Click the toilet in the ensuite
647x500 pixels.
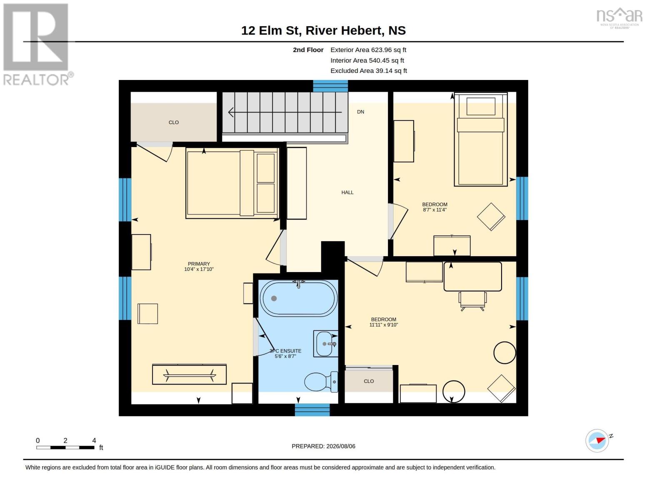coord(321,382)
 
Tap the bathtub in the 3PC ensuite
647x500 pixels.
coord(299,298)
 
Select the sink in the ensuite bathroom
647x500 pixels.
coord(326,344)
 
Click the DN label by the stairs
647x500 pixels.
coord(360,112)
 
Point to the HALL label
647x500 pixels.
coord(347,192)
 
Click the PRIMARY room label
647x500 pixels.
coord(199,264)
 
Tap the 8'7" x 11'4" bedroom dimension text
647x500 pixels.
coord(435,210)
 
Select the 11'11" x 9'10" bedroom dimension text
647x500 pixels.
coord(384,325)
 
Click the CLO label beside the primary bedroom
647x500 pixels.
coord(174,122)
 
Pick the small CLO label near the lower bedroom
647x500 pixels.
coord(369,381)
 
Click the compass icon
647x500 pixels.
coord(597,441)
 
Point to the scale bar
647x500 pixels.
coord(65,447)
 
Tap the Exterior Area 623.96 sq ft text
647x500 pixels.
coord(368,50)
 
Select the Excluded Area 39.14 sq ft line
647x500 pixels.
coord(369,71)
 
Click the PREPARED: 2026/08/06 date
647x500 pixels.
coord(323,446)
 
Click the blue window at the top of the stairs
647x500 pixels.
coord(330,86)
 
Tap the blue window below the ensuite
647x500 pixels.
coord(312,410)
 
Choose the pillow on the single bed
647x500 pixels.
coord(480,106)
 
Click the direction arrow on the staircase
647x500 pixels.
coord(285,112)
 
